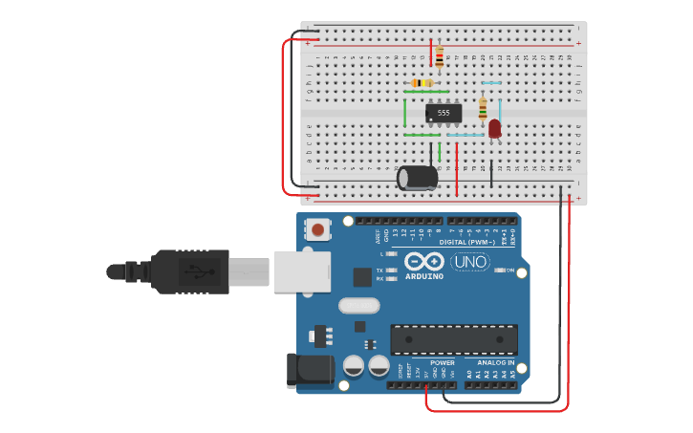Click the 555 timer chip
click(444, 113)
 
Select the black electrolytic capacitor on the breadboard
click(418, 177)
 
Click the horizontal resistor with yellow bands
click(421, 83)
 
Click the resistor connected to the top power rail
click(439, 56)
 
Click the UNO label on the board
click(469, 261)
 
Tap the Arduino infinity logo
click(423, 261)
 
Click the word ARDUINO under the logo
click(423, 276)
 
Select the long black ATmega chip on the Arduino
click(454, 339)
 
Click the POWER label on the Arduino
click(442, 363)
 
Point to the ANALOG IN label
click(496, 363)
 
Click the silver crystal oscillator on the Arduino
click(358, 306)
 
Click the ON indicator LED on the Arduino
click(499, 271)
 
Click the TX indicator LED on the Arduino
click(391, 271)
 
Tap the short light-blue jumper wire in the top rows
click(491, 83)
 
